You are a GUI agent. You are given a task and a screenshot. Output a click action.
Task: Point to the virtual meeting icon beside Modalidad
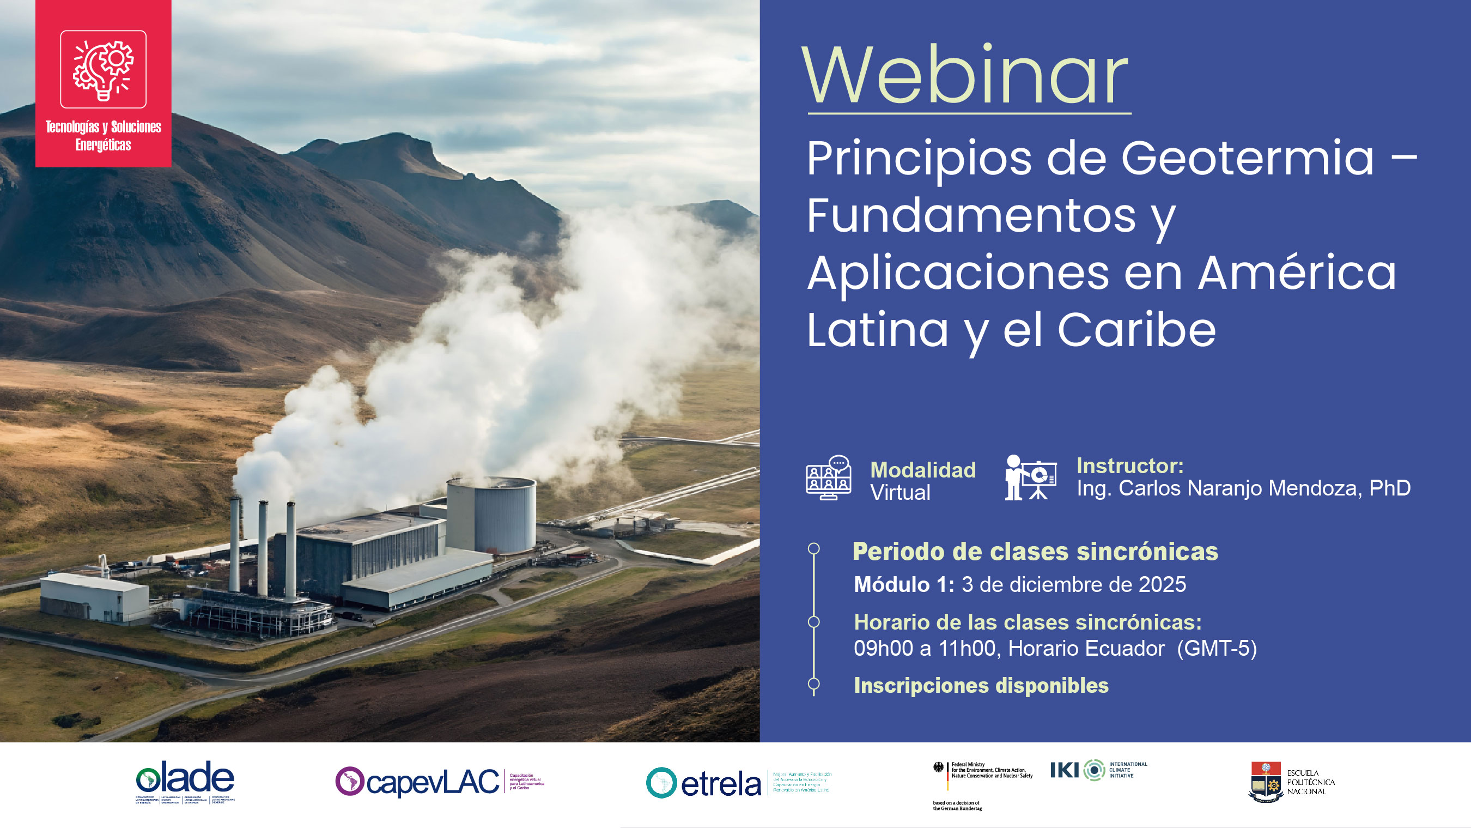tap(829, 478)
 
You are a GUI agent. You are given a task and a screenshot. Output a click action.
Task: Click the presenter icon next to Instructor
tap(1030, 478)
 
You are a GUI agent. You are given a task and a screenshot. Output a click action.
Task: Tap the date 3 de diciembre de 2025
tap(1073, 584)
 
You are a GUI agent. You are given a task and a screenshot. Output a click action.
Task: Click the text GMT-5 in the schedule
tap(1217, 649)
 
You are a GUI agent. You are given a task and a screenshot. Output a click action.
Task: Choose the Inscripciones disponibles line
tap(981, 685)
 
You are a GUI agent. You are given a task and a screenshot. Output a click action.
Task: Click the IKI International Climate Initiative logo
tap(1098, 770)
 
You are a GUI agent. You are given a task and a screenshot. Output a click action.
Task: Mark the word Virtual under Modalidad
tap(901, 493)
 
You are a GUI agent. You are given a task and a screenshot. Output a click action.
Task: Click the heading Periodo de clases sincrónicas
tap(1035, 552)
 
